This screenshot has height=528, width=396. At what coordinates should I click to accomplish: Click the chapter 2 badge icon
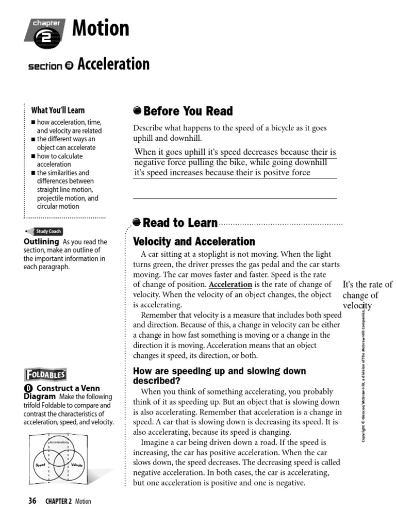click(45, 32)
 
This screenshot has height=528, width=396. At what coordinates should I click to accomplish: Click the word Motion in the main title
click(101, 28)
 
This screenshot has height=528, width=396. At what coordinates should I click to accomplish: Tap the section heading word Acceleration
click(113, 64)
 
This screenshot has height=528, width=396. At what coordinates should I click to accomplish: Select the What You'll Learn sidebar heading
click(58, 110)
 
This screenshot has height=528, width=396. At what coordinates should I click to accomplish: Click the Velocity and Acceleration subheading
click(194, 241)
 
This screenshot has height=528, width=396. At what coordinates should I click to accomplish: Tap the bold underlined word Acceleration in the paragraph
click(230, 285)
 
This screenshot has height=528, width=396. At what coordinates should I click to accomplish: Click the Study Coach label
click(47, 232)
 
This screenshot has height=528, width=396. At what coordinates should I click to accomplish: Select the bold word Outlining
click(42, 241)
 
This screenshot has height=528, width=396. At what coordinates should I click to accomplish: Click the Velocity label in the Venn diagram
click(77, 465)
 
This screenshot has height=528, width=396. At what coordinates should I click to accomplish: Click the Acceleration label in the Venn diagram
click(59, 443)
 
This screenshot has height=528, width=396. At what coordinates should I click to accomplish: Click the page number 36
click(32, 501)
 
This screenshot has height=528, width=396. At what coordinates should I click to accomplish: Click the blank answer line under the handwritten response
click(235, 197)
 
